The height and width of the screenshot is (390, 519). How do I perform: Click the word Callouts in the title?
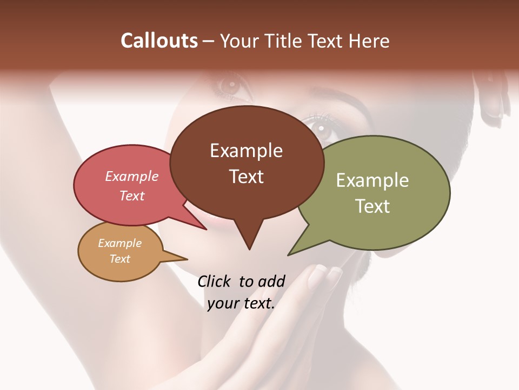click(x=159, y=41)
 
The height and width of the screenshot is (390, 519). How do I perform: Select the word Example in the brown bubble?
click(x=246, y=151)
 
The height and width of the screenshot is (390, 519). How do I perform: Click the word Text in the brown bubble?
click(x=246, y=177)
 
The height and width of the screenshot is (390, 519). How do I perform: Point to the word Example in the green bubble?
click(x=372, y=180)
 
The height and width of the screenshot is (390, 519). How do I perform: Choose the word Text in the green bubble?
click(x=372, y=206)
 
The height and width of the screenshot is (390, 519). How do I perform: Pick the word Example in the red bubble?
click(x=131, y=177)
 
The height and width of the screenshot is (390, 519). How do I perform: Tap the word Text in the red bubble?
click(x=131, y=196)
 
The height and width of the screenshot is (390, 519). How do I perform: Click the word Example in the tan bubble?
click(x=119, y=243)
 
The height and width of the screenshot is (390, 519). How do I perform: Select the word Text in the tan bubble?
click(x=119, y=259)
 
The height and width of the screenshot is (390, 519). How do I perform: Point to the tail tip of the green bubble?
click(x=291, y=253)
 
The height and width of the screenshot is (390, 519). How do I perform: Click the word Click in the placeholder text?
click(x=215, y=281)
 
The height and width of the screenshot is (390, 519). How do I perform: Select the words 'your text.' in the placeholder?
click(x=241, y=303)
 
